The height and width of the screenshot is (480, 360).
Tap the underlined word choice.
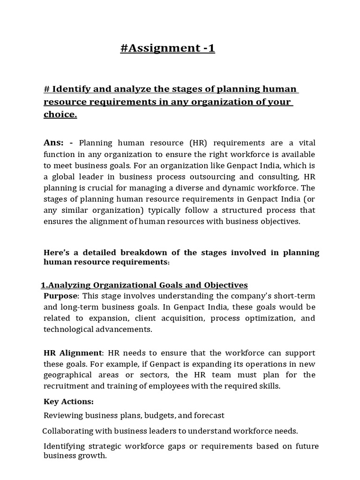[x=60, y=115]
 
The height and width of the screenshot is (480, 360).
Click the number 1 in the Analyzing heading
[x=44, y=285]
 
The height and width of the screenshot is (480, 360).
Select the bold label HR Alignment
[x=72, y=352]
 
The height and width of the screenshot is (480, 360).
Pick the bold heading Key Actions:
[x=68, y=401]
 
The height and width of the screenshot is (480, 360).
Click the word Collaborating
[x=67, y=430]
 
